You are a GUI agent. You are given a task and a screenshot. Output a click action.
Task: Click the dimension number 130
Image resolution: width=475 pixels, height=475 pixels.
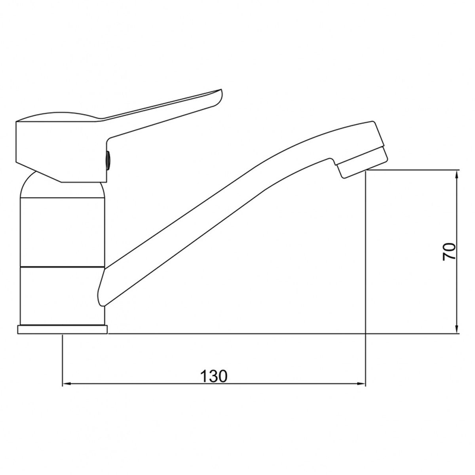pyautogui.click(x=214, y=376)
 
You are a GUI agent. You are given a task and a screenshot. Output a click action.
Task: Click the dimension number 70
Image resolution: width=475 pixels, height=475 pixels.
pyautogui.click(x=449, y=252)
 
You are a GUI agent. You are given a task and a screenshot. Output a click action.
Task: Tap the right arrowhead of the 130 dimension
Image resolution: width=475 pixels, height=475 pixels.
pyautogui.click(x=361, y=384)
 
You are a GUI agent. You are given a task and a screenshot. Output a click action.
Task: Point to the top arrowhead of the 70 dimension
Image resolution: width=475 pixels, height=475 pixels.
pyautogui.click(x=456, y=175)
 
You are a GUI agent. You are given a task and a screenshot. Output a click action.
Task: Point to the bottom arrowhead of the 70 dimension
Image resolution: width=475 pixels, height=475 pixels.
pyautogui.click(x=456, y=329)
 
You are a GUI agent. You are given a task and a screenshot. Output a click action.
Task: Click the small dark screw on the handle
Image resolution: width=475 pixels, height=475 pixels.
pyautogui.click(x=108, y=160)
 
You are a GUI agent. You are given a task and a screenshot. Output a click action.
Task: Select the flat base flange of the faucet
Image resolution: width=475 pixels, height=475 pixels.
pyautogui.click(x=63, y=330)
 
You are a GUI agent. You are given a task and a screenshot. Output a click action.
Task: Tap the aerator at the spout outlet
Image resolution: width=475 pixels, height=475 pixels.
pyautogui.click(x=362, y=163)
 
